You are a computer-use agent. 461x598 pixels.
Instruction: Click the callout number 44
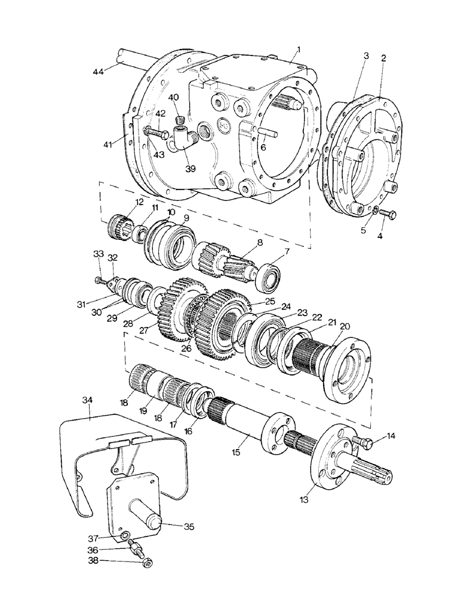99,72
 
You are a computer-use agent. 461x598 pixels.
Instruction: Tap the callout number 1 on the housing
292,51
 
